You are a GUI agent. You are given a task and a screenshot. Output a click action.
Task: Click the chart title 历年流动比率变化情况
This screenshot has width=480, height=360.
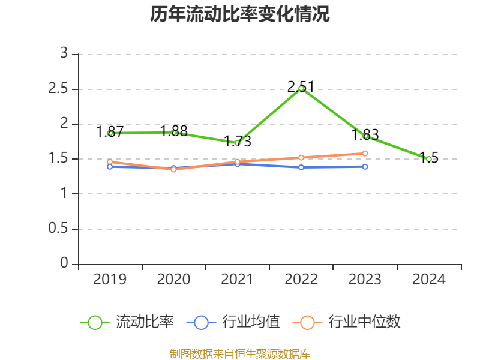point(240,14)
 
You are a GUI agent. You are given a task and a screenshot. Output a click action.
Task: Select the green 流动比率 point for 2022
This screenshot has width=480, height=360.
point(301,88)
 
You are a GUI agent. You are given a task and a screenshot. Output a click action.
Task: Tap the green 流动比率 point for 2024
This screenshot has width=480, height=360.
point(428,159)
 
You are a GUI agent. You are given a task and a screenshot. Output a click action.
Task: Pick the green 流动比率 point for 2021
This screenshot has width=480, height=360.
point(237,143)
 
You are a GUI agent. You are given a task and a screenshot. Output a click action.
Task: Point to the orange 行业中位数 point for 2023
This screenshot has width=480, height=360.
point(365,154)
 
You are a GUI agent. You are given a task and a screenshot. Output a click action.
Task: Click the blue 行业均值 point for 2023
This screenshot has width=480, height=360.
point(365,166)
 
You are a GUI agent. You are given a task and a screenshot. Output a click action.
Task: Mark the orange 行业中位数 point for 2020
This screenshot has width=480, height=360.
point(173,169)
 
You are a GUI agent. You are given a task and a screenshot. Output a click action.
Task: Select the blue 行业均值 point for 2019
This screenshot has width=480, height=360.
point(110,167)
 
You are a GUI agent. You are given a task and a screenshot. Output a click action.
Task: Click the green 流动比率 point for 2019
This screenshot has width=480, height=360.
point(110,133)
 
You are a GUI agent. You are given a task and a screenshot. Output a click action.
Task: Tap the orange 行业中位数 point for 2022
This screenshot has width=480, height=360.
point(301,157)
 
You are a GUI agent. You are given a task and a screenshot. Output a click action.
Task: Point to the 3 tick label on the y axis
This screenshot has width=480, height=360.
point(64,54)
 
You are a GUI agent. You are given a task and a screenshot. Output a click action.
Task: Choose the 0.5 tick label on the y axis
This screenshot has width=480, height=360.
point(59,229)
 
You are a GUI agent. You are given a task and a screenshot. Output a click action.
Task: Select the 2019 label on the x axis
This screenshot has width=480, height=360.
point(110,280)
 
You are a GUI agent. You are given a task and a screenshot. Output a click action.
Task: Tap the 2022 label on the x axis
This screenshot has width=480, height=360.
point(301,280)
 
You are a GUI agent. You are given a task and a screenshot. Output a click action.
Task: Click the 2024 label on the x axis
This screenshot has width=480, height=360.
point(428,280)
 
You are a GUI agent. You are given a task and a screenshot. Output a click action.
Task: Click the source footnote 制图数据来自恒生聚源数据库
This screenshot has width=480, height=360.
point(240,353)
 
